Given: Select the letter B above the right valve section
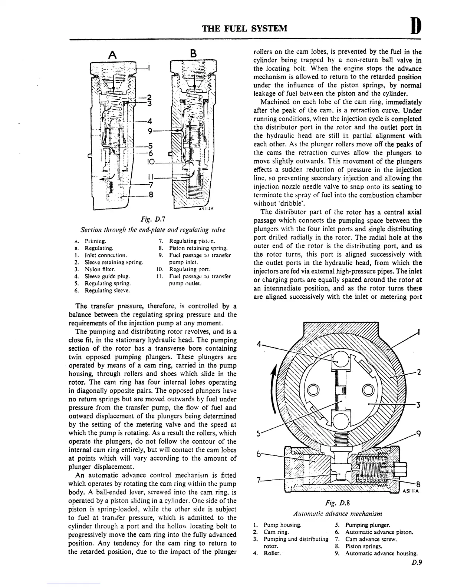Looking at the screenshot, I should click(193, 53).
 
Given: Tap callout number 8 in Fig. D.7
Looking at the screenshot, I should click(151, 195).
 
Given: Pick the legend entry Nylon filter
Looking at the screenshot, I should click(98, 269).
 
